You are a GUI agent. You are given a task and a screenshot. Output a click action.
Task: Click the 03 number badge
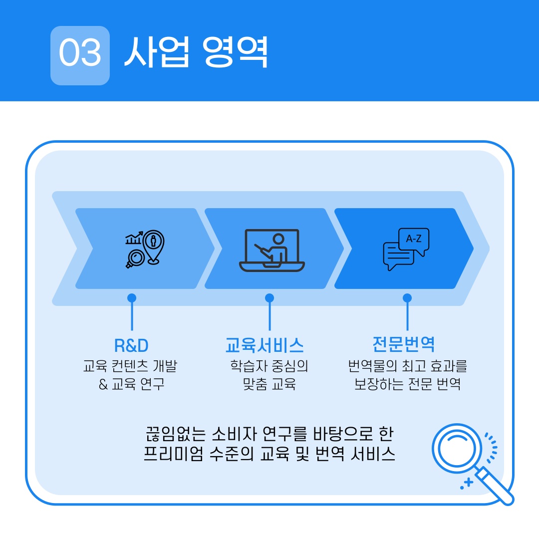[x=80, y=55]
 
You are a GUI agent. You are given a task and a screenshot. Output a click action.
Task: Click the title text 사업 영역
[x=196, y=52]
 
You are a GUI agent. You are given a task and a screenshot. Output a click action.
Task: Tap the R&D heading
[x=131, y=345]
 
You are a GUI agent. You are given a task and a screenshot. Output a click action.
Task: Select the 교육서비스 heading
[x=265, y=345]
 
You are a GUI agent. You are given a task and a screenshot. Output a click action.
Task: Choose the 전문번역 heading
[x=404, y=344]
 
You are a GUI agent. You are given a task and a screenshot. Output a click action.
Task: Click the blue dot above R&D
[x=132, y=298]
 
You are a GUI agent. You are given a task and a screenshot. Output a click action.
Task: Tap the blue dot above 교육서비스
[x=269, y=298]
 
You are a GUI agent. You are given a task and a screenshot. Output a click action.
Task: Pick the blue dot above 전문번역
[x=407, y=298]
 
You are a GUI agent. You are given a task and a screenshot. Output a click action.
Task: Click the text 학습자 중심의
[x=269, y=366]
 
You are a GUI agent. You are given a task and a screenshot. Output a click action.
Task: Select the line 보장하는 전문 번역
[x=407, y=385]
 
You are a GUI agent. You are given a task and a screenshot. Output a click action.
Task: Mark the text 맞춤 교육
[x=269, y=385]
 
